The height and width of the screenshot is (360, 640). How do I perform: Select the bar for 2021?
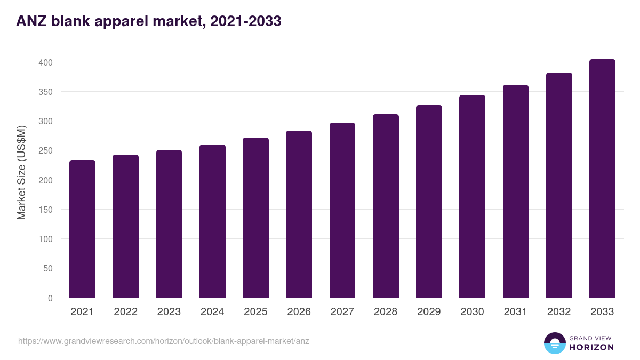pyautogui.click(x=82, y=229)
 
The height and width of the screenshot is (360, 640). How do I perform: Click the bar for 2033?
pyautogui.click(x=602, y=179)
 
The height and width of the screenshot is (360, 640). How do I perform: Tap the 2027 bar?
pyautogui.click(x=342, y=210)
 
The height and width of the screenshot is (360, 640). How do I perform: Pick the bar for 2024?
pyautogui.click(x=212, y=221)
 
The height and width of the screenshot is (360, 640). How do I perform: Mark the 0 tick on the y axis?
pyautogui.click(x=51, y=298)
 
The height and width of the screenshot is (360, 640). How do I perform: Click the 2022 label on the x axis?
pyautogui.click(x=125, y=312)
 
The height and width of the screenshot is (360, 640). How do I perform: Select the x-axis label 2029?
pyautogui.click(x=429, y=312)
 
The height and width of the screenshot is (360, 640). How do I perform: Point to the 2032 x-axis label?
pyautogui.click(x=559, y=312)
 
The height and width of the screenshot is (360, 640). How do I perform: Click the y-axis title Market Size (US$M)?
pyautogui.click(x=21, y=173)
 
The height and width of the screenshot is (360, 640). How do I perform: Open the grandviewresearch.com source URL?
pyautogui.click(x=164, y=341)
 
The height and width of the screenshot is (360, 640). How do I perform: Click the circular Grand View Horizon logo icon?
pyautogui.click(x=555, y=343)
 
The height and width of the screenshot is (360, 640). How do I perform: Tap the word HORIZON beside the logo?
pyautogui.click(x=591, y=347)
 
